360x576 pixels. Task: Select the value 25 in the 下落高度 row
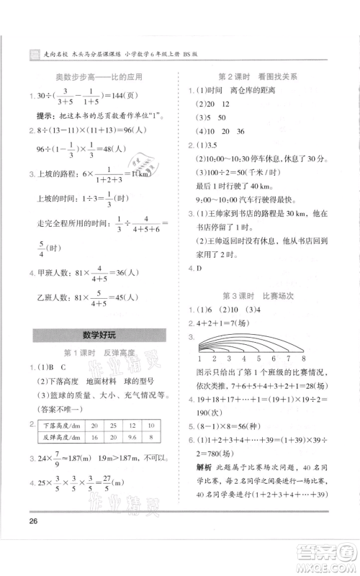112,426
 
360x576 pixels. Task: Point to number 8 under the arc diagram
305,358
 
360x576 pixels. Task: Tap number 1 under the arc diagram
199,358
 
